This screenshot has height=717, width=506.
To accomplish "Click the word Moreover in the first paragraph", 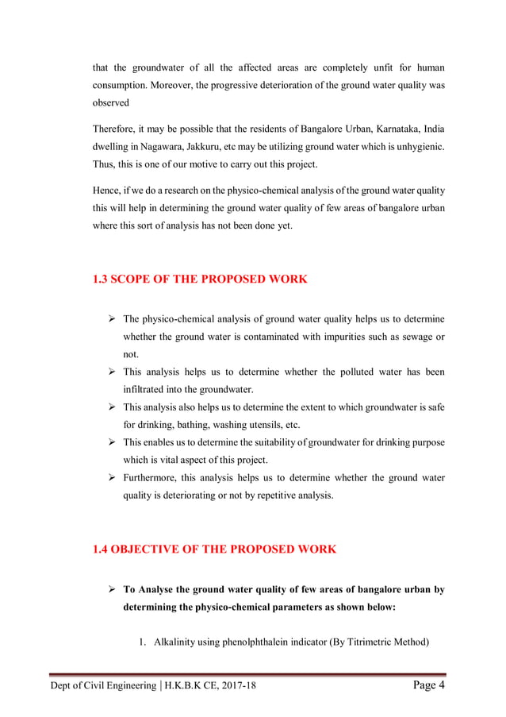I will [178, 85].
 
